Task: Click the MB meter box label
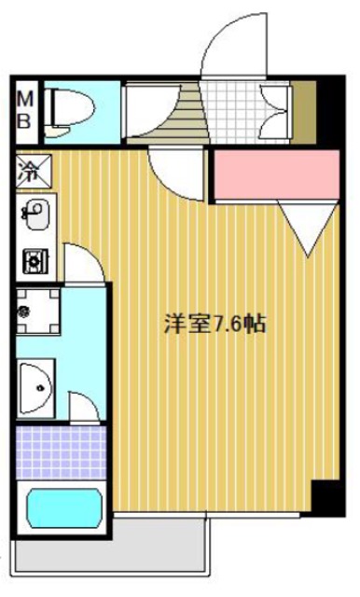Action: pyautogui.click(x=26, y=108)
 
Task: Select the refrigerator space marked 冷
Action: pyautogui.click(x=34, y=172)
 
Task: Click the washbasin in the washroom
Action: pyautogui.click(x=38, y=382)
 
